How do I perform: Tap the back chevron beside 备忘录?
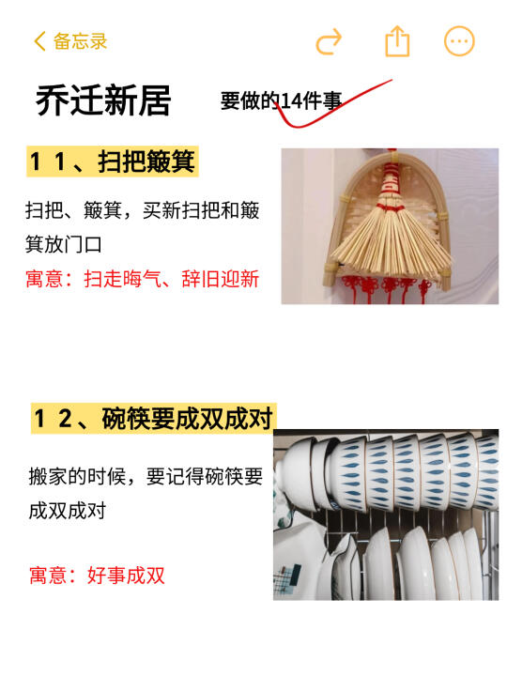(x=39, y=41)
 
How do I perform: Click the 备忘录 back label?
(x=80, y=41)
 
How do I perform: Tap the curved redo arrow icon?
(x=329, y=42)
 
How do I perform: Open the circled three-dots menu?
(x=459, y=41)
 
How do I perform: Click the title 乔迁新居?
(x=103, y=100)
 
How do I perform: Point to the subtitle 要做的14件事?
(x=281, y=100)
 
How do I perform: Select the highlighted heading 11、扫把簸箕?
(x=112, y=161)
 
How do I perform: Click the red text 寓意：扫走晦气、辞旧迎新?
(x=143, y=279)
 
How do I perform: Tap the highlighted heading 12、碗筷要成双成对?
(x=153, y=418)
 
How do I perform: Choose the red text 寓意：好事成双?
(x=97, y=576)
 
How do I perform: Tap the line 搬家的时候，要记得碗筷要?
(x=146, y=477)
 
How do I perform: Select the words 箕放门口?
(x=64, y=244)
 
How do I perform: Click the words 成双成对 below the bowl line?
(x=68, y=512)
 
